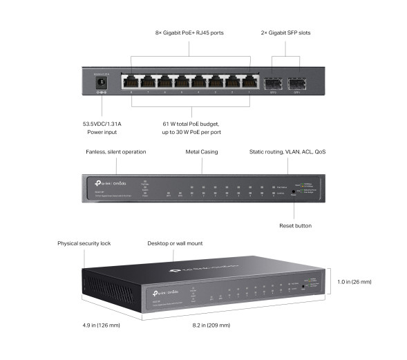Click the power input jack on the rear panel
[102, 84]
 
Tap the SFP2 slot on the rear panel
[273, 82]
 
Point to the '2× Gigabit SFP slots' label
[287, 32]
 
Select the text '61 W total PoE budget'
[191, 124]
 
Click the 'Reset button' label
[295, 225]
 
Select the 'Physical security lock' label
[84, 243]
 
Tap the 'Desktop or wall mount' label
[176, 243]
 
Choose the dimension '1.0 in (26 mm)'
[355, 282]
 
